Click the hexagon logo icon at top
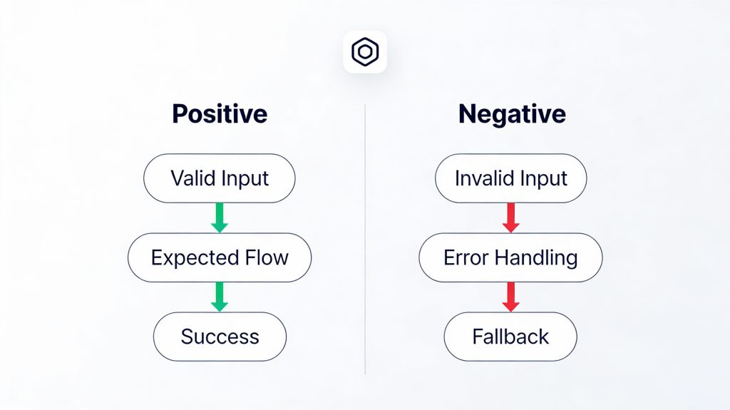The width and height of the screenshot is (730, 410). click(x=365, y=52)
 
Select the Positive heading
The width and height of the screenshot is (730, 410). click(x=220, y=114)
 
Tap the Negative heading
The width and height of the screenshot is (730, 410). click(x=512, y=114)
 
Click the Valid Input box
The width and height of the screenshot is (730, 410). click(x=220, y=178)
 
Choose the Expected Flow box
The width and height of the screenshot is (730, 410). click(x=220, y=257)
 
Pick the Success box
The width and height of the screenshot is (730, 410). click(x=220, y=336)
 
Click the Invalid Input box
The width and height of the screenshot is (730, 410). click(x=510, y=178)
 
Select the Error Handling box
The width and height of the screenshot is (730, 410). click(x=510, y=257)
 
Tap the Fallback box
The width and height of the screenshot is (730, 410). click(x=510, y=336)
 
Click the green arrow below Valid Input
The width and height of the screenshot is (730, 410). click(x=220, y=217)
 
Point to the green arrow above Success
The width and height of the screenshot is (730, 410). click(x=220, y=297)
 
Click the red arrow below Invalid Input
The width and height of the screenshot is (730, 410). click(x=510, y=217)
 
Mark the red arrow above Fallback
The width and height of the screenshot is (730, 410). click(x=510, y=297)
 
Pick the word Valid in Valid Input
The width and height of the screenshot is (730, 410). click(x=191, y=178)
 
